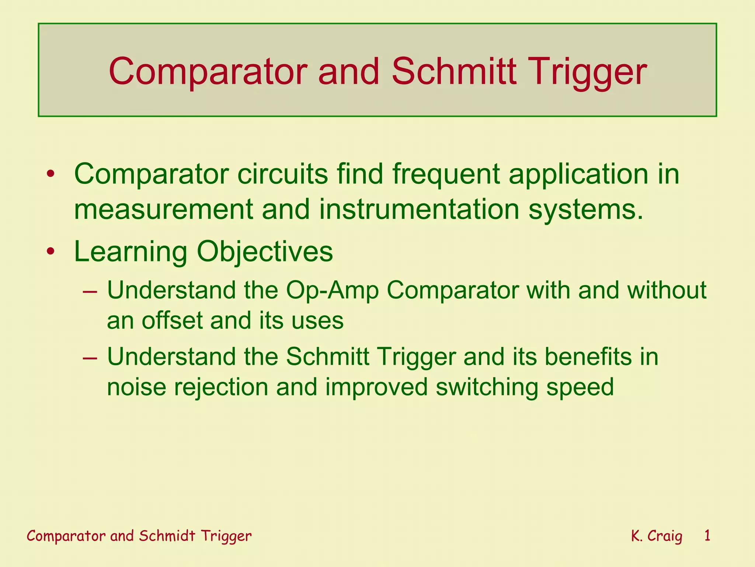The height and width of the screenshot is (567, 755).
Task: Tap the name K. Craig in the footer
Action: click(656, 536)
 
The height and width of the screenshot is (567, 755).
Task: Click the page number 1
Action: click(707, 535)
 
